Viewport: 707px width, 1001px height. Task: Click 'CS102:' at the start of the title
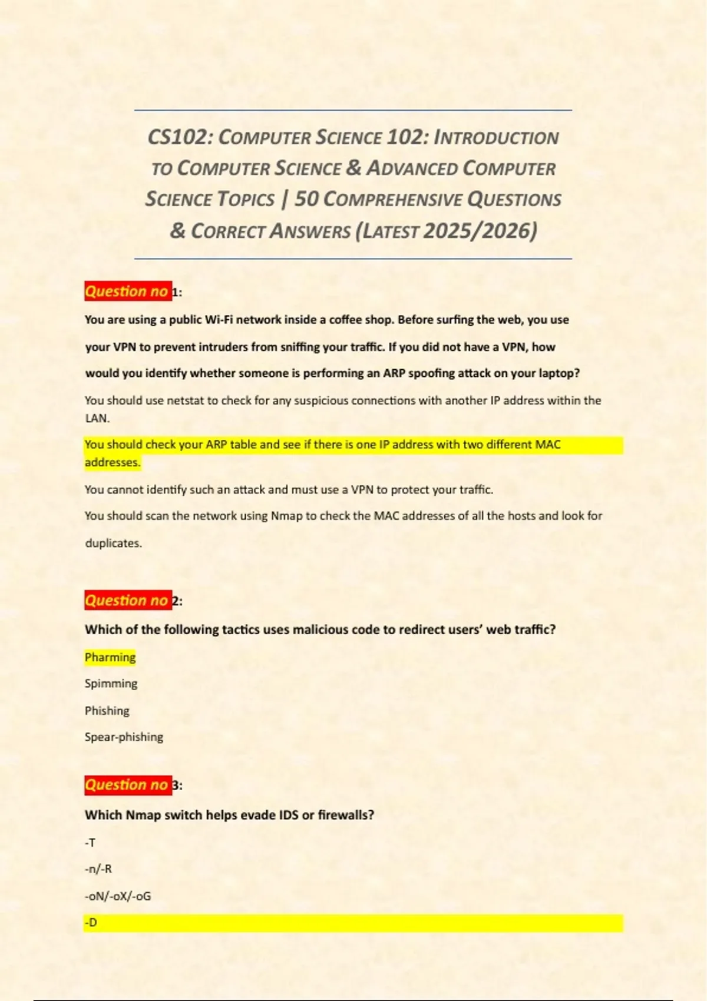tap(180, 137)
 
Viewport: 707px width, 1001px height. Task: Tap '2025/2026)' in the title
tap(480, 230)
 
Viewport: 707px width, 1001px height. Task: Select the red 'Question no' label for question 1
tap(127, 291)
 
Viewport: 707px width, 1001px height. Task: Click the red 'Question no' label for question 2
tap(127, 601)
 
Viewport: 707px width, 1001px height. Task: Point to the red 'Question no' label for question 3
tap(127, 785)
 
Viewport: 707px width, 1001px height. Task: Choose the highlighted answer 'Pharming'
tap(110, 657)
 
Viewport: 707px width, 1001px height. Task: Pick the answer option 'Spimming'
tap(111, 684)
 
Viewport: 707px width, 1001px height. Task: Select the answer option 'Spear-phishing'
tap(124, 737)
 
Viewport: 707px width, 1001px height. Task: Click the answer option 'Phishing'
tap(107, 711)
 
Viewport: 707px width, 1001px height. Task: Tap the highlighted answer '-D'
tap(91, 923)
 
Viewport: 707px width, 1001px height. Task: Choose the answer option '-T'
tap(90, 843)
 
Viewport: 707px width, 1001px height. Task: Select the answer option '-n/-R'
tap(98, 869)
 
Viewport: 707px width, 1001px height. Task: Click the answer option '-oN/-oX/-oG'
tap(118, 896)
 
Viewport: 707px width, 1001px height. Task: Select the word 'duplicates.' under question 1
tap(114, 543)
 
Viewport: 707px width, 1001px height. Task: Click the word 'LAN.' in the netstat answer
tap(97, 419)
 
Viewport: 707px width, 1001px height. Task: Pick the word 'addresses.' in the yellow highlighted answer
tap(113, 462)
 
